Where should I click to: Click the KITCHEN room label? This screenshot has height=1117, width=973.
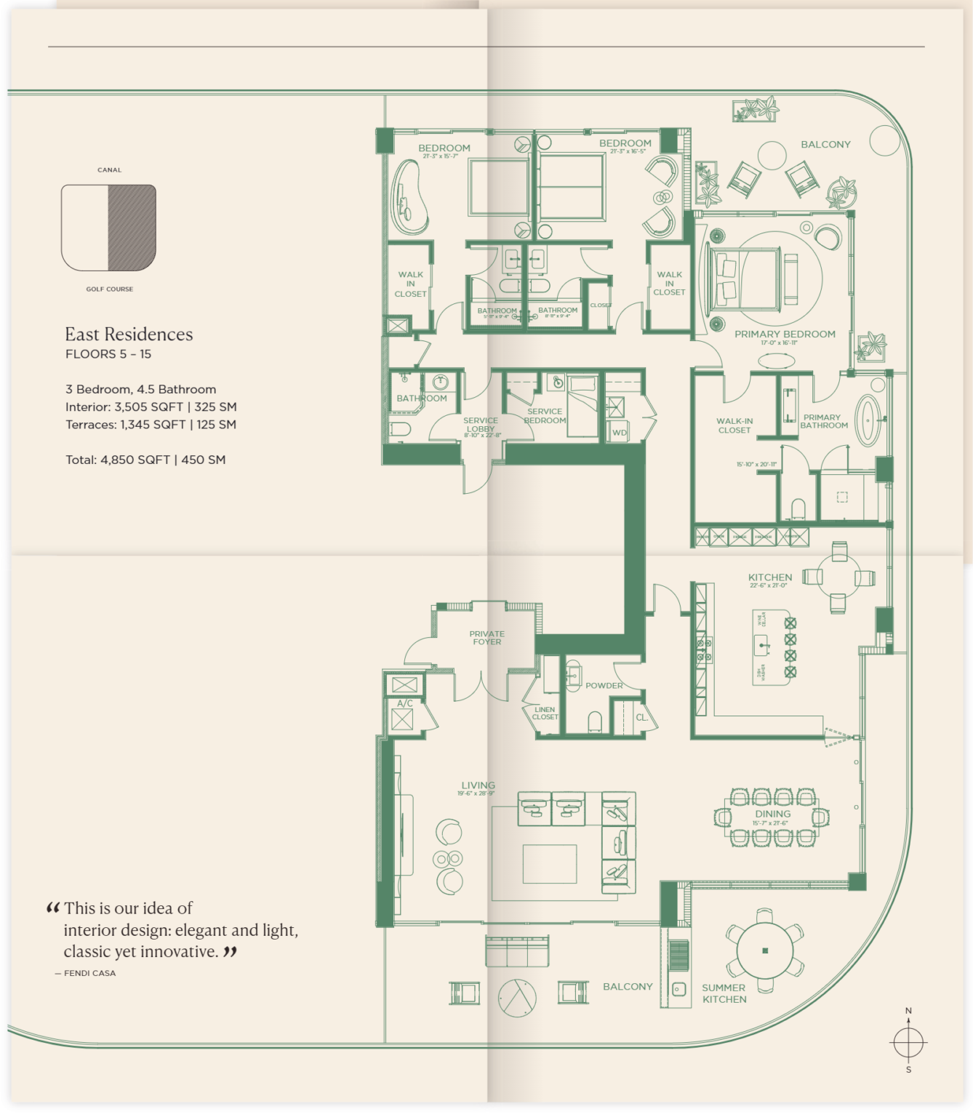coord(770,577)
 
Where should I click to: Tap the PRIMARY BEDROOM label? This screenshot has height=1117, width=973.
coord(785,335)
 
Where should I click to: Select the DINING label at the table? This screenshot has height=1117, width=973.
coord(772,814)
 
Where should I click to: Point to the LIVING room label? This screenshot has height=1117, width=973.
coord(478,785)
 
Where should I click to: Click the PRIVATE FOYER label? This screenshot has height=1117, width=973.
coord(486,638)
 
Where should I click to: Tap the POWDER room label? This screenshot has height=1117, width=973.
coord(604,686)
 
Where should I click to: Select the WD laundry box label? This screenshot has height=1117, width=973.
coord(619,433)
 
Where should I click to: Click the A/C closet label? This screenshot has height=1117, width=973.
coord(405,703)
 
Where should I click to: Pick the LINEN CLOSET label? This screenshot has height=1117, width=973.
coord(545,713)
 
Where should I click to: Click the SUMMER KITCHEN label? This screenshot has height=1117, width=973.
coord(724,993)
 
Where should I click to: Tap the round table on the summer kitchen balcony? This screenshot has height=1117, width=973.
coord(765,950)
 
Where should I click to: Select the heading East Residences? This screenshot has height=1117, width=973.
coord(129,335)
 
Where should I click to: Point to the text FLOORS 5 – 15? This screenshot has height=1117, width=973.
coord(108,354)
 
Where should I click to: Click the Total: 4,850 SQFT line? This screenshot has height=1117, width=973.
coord(145,460)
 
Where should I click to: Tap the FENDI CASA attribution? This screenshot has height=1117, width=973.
coord(89,973)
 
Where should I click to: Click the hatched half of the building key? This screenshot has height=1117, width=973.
coord(132,227)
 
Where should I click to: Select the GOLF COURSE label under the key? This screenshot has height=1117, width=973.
coord(109,289)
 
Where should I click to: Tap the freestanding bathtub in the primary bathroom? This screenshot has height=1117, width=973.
coord(868,420)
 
